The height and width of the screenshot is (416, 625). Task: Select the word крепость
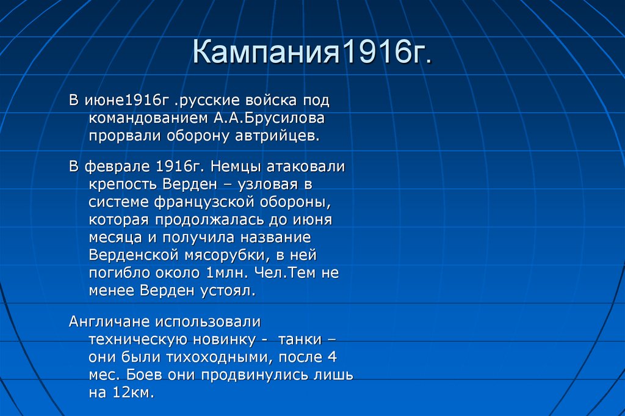tap(123, 184)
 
